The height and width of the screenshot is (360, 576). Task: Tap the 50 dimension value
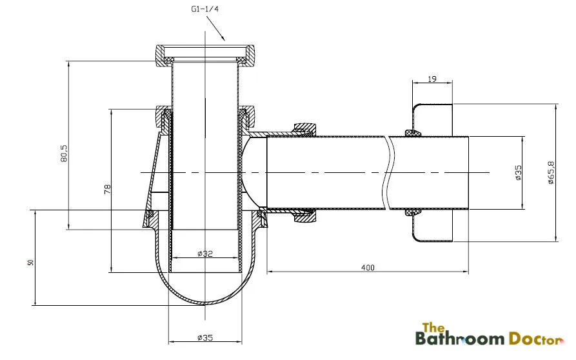coord(30,263)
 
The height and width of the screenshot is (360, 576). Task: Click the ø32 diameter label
coord(205,254)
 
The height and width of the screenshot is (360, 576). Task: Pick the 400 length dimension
coord(367,267)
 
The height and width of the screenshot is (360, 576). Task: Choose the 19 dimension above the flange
coord(432,79)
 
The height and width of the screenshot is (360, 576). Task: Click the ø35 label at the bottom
coord(205,337)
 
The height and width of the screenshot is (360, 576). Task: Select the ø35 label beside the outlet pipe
coord(518,172)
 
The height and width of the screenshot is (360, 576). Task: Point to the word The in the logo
coord(430,326)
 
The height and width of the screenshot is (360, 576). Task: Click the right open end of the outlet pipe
coord(469,172)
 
